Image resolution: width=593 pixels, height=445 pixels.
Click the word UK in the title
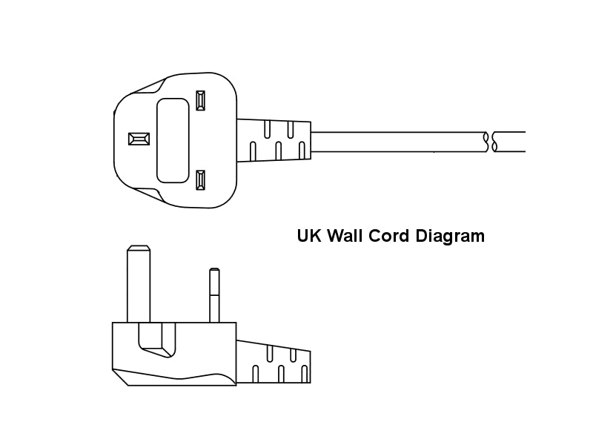tap(309, 236)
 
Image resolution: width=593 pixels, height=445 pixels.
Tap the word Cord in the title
tap(388, 236)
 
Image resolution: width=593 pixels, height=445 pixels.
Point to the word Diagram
tap(450, 237)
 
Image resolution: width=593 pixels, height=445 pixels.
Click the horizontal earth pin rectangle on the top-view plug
tap(139, 139)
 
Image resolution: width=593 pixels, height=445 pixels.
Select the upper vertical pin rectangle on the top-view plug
tap(200, 101)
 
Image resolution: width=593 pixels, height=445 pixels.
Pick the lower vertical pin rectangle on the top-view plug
tap(200, 180)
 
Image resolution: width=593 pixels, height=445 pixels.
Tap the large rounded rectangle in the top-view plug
tap(173, 140)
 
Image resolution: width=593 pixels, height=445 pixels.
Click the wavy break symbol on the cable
tap(491, 142)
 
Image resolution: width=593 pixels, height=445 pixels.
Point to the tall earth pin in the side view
tap(139, 284)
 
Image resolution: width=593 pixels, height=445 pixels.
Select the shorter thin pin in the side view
tap(214, 295)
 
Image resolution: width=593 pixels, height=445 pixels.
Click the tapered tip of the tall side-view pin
tap(139, 248)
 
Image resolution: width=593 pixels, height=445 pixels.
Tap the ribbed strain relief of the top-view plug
tap(274, 140)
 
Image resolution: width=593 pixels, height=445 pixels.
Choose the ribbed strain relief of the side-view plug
tap(274, 362)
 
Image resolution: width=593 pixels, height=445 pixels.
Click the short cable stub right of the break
tap(510, 142)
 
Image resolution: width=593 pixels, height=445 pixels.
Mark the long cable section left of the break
tap(399, 142)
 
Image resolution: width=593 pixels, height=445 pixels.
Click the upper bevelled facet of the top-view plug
tap(147, 87)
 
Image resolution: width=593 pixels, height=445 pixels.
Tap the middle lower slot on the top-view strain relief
tap(279, 151)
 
